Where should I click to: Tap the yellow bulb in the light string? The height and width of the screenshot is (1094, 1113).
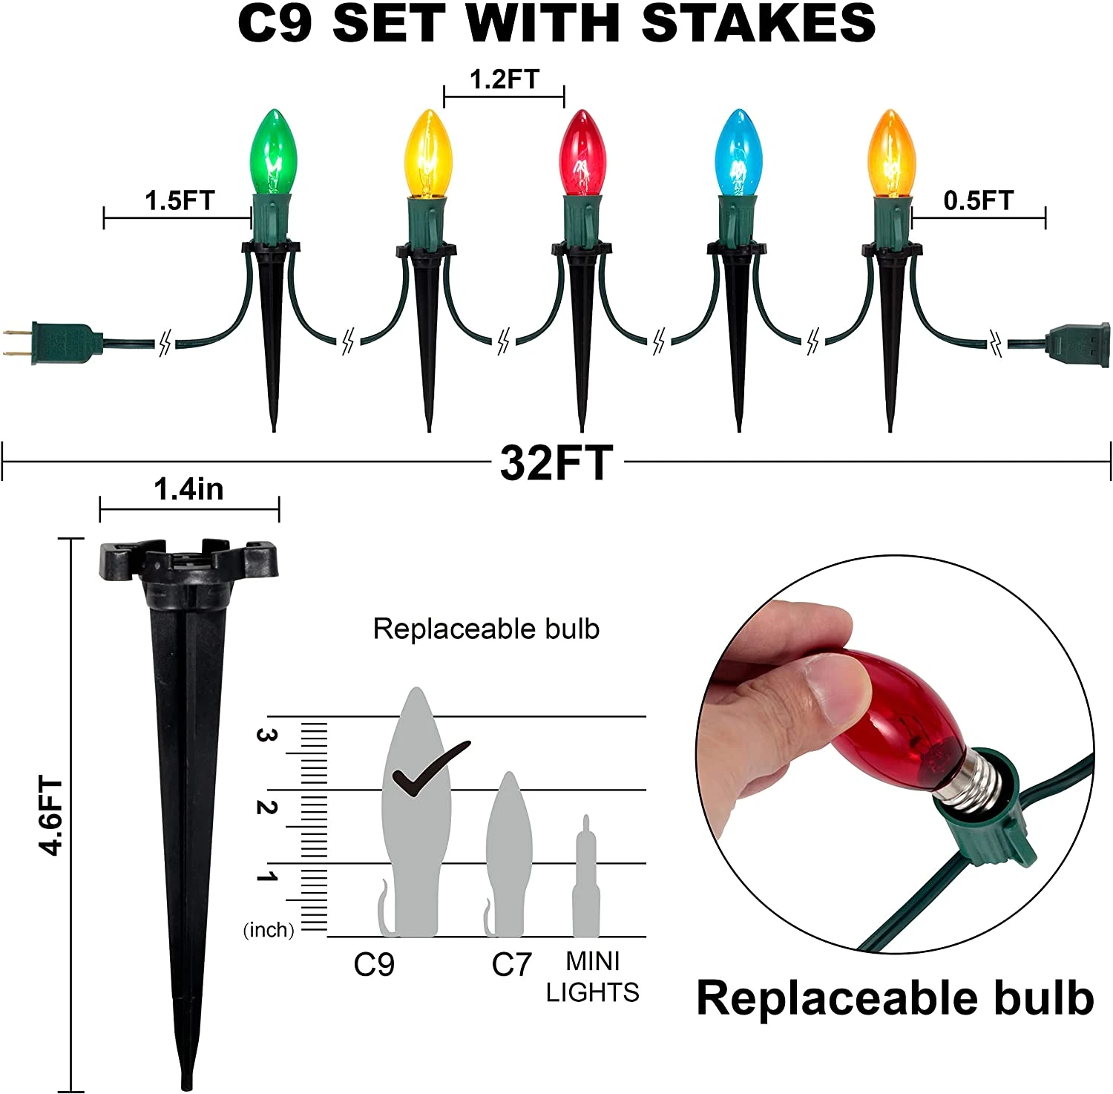pos(428,153)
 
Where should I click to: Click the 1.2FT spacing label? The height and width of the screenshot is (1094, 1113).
pos(504,79)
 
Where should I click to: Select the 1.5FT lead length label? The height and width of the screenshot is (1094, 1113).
pos(179,200)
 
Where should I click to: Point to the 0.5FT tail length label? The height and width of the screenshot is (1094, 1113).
pos(978,200)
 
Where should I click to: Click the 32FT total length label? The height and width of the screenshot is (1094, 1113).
pos(556,462)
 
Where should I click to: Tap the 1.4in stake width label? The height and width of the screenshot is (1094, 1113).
pos(188,489)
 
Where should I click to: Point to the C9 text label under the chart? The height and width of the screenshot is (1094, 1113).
pos(374,964)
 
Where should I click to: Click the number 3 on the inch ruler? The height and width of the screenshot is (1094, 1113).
pos(266,735)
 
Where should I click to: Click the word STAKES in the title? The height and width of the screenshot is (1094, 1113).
pos(758,24)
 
